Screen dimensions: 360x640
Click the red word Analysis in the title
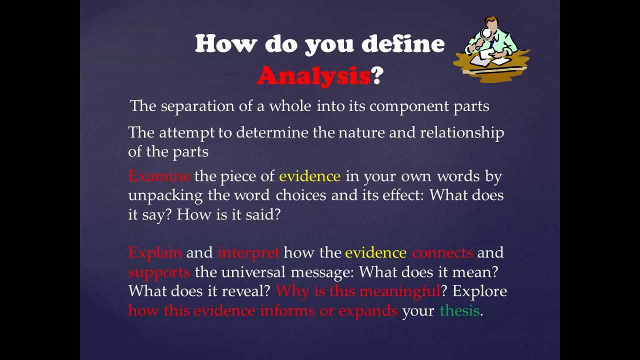tap(313, 76)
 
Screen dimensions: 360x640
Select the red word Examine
tap(159, 176)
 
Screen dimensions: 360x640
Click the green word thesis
tap(459, 310)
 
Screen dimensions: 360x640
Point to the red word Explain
tap(155, 253)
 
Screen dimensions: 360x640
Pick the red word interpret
tap(248, 253)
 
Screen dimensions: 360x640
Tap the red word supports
tap(159, 272)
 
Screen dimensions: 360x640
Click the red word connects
tap(442, 253)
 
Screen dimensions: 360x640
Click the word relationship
tap(461, 132)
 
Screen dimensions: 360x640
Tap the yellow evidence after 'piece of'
tap(309, 176)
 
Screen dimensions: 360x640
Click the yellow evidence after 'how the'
tap(375, 253)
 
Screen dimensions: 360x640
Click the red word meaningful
tap(399, 291)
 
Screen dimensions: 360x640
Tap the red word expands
tap(368, 311)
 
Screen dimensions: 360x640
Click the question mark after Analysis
tap(377, 76)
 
